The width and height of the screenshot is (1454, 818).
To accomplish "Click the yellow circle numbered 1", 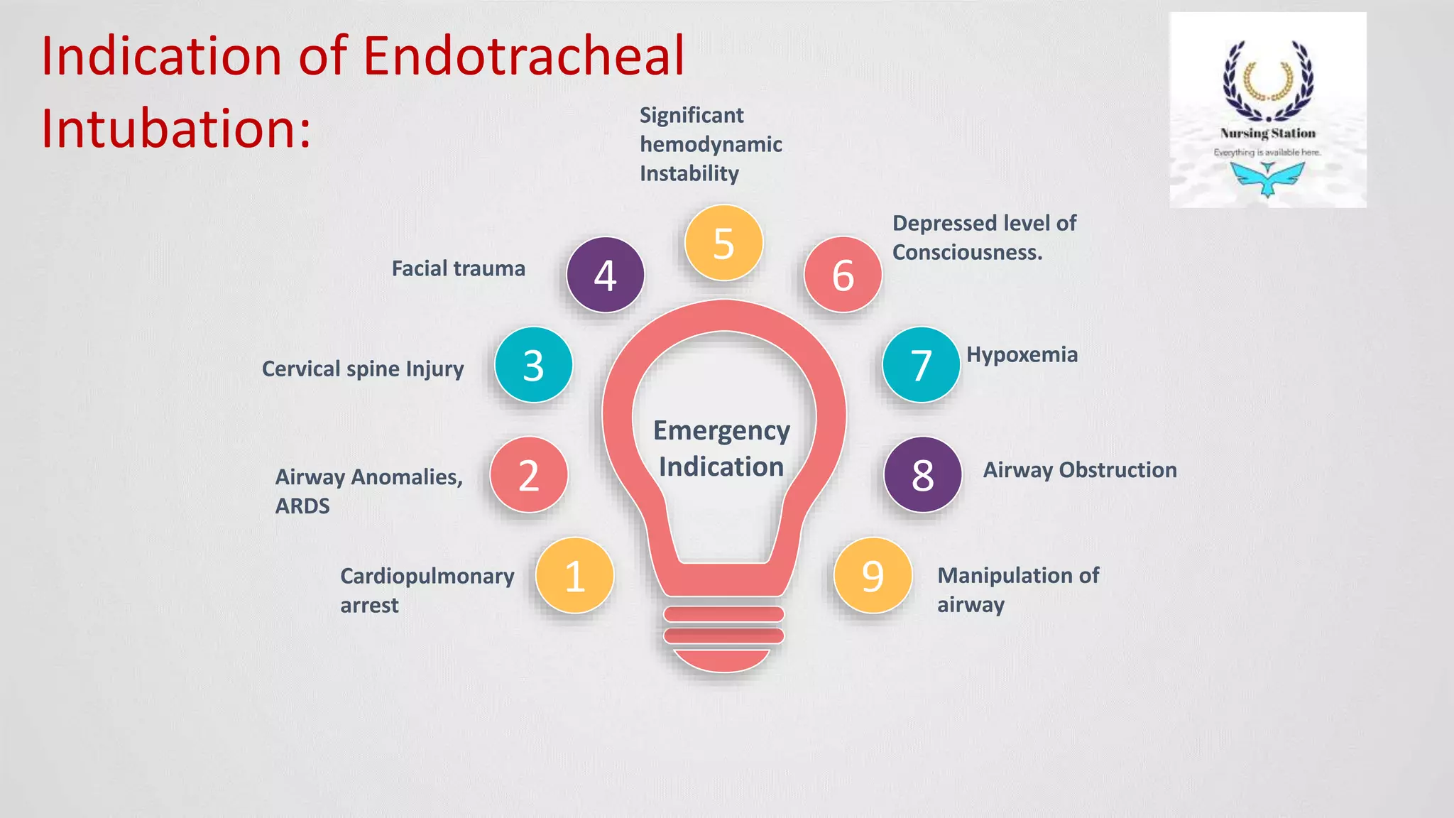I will click(x=574, y=576).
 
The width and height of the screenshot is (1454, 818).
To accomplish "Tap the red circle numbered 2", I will click(x=529, y=475).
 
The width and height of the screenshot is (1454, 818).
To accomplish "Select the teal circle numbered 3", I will click(x=533, y=365).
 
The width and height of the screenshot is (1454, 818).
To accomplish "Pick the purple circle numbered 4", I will click(x=605, y=275).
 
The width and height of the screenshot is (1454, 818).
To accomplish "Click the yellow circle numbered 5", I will click(x=723, y=243).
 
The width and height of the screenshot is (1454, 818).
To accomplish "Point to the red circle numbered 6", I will click(x=843, y=275).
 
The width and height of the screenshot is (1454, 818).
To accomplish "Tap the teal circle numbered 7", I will click(x=921, y=365).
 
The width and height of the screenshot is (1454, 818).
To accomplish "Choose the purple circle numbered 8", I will click(x=922, y=475).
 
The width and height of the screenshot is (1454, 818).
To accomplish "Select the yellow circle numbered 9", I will click(x=873, y=576).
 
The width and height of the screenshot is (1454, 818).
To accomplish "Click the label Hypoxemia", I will click(x=1022, y=354).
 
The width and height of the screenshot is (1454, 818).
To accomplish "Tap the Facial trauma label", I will click(x=459, y=268).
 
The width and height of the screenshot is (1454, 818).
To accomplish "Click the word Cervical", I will click(x=301, y=369).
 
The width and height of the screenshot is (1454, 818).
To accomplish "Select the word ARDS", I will click(x=302, y=506).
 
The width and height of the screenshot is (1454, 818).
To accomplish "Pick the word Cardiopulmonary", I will click(x=427, y=576).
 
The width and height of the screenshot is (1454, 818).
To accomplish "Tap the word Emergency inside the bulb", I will click(x=721, y=431).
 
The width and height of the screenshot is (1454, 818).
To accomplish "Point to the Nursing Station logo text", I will click(x=1268, y=133).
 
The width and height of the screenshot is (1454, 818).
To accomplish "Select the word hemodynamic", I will click(x=711, y=144).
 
